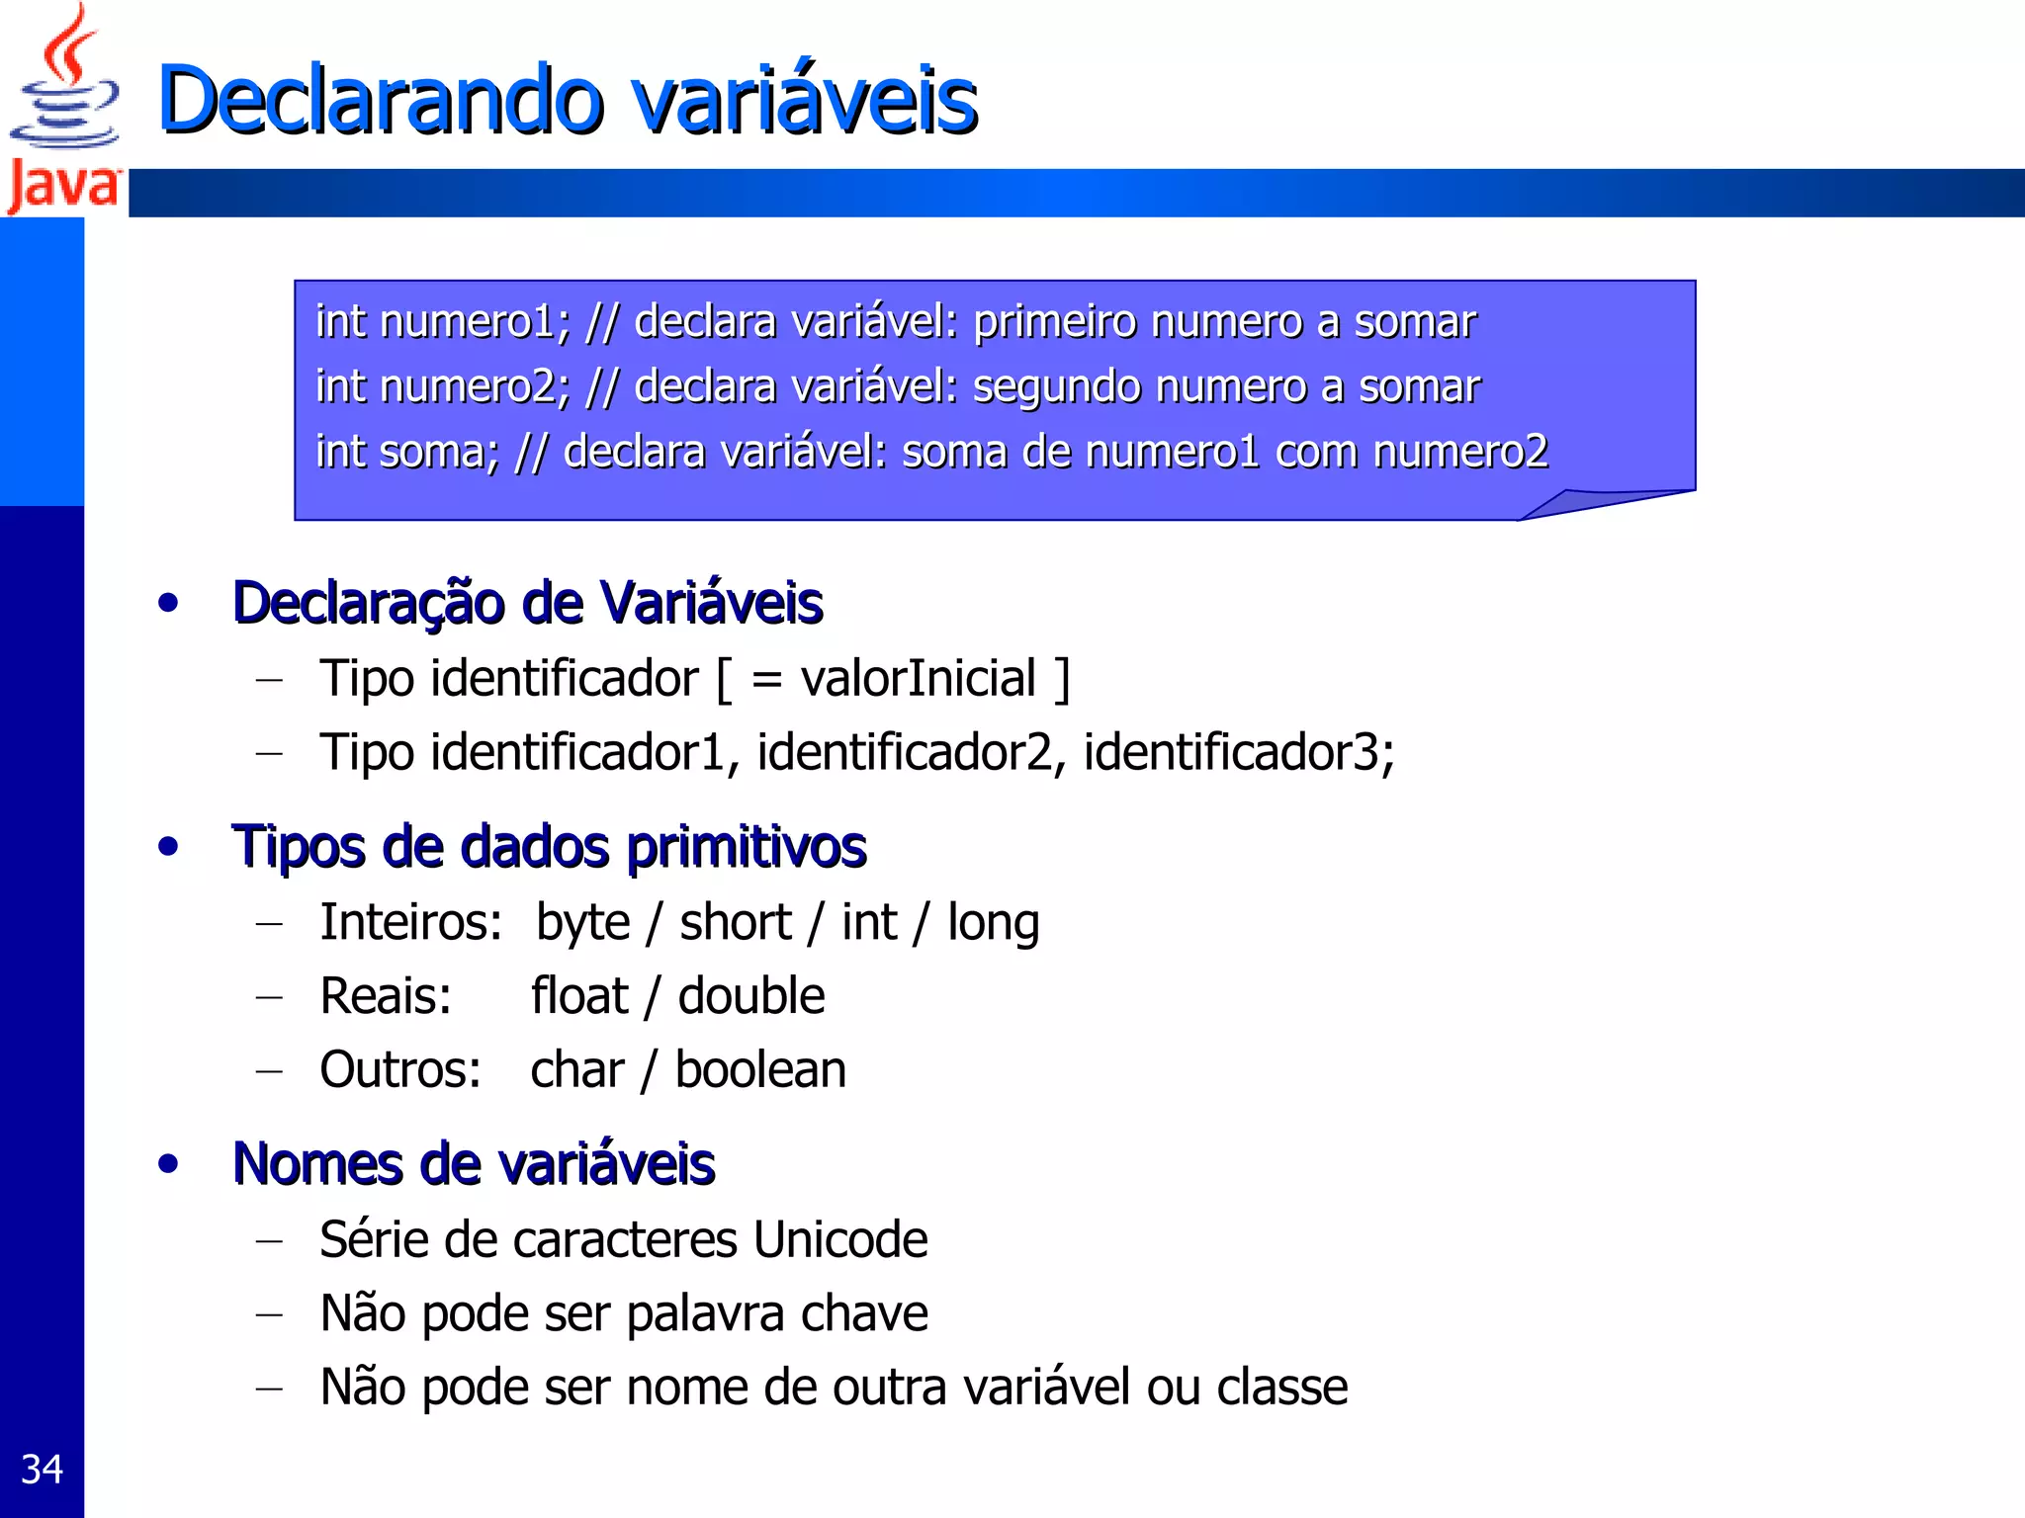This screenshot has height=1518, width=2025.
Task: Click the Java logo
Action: [x=63, y=109]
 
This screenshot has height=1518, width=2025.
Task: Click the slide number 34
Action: [x=42, y=1470]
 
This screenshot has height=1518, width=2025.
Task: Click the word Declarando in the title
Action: [x=381, y=100]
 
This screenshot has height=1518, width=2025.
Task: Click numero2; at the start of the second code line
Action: [x=475, y=386]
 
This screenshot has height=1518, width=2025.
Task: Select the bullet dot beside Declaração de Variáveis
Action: [x=169, y=603]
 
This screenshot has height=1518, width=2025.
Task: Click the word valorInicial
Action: [x=918, y=679]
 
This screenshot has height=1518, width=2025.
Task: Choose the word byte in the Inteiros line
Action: [x=582, y=923]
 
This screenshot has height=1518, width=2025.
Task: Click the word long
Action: [x=993, y=923]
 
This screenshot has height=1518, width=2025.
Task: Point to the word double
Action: [x=751, y=996]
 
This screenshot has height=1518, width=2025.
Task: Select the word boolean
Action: [x=760, y=1070]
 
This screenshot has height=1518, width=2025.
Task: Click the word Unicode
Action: [x=840, y=1240]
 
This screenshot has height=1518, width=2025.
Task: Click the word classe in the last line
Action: [x=1281, y=1388]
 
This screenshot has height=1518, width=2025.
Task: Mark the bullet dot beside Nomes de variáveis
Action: [x=169, y=1164]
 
